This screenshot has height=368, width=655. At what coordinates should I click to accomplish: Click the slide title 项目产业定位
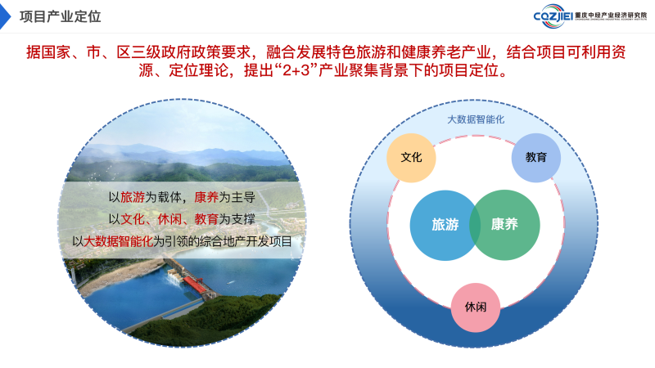click(60, 16)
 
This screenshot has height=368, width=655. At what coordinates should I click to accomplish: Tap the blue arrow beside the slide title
click(5, 16)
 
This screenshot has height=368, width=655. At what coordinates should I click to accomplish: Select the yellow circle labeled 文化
click(411, 158)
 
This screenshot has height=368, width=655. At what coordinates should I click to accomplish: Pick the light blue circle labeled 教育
click(536, 158)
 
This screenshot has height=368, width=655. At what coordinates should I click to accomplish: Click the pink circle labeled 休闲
click(476, 307)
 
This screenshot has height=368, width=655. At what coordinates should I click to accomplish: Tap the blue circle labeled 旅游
click(443, 226)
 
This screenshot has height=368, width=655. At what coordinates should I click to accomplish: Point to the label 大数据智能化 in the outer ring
click(476, 119)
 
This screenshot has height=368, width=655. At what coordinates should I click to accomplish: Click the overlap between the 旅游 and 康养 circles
click(475, 226)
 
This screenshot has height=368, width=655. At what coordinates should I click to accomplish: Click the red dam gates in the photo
click(195, 285)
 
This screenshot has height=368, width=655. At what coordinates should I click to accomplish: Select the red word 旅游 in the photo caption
click(133, 197)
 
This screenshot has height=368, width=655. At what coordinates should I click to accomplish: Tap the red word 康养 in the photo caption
click(206, 197)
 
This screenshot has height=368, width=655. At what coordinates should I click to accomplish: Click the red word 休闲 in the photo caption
click(169, 219)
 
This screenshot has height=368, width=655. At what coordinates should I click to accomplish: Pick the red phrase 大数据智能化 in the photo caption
click(118, 241)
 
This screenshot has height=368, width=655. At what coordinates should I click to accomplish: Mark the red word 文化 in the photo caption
click(133, 219)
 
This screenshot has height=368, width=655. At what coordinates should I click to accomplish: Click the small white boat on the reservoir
click(231, 282)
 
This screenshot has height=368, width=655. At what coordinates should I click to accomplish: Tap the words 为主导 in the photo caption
click(237, 197)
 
